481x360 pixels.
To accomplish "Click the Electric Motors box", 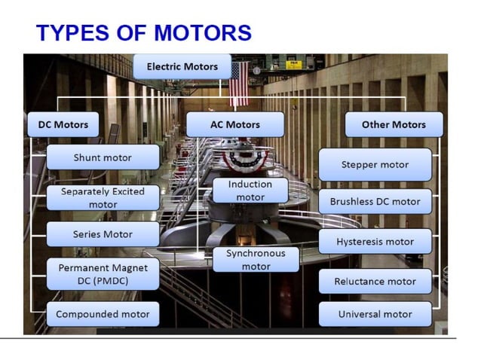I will tap(182, 66).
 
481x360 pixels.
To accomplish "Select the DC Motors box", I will tap(63, 124).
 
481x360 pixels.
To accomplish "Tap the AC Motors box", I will tap(234, 124).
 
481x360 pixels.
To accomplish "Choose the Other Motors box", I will tap(394, 124).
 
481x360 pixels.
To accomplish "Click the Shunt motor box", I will tap(103, 157).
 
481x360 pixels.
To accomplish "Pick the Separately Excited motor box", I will tap(103, 197).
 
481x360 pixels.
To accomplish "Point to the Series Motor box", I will tap(103, 234).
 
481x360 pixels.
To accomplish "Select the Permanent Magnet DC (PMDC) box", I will tap(103, 274).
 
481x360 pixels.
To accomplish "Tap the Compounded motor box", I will tap(103, 314).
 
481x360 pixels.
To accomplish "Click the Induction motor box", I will tap(250, 191).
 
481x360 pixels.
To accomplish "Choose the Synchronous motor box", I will tap(256, 260).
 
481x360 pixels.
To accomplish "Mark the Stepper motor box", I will tap(375, 164).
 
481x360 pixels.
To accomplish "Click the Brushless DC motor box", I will tap(375, 201).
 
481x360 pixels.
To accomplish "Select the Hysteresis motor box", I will tap(375, 242).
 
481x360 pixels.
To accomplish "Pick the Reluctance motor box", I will tap(375, 281).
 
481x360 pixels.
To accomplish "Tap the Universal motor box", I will tap(375, 314).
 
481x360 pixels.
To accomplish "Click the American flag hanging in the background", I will tap(239, 83).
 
